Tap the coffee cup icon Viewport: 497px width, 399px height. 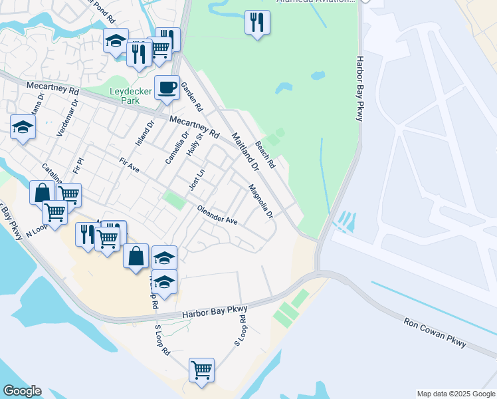pos(167,86)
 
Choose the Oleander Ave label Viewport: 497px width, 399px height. pos(217,215)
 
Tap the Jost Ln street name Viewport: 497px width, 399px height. pos(195,180)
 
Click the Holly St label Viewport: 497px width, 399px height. pos(193,144)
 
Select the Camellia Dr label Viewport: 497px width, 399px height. pos(174,148)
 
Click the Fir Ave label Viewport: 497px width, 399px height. pos(129,166)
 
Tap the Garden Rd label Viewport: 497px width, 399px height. pos(191,97)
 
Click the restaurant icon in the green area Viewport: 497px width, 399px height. pos(257,22)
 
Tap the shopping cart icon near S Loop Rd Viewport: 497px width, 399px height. pos(201,370)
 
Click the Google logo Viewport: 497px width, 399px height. pos(22,391)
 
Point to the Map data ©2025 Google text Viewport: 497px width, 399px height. pos(456,394)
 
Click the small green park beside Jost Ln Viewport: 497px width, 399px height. pos(174,199)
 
